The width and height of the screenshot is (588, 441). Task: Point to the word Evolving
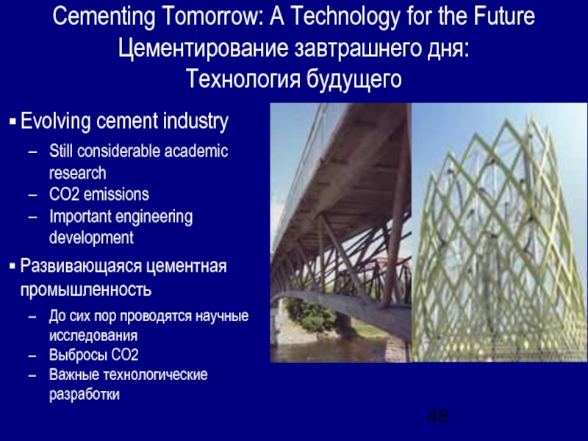click(52, 121)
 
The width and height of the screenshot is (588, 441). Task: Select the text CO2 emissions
click(98, 195)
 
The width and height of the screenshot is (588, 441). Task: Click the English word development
click(91, 238)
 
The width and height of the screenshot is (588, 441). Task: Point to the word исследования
click(93, 335)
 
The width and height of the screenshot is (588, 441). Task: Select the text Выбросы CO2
click(93, 355)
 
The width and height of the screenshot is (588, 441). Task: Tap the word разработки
click(84, 394)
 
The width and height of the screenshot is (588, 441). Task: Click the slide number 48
click(437, 417)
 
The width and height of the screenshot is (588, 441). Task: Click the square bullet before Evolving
click(12, 121)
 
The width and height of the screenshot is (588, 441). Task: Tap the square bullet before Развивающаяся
click(12, 266)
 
